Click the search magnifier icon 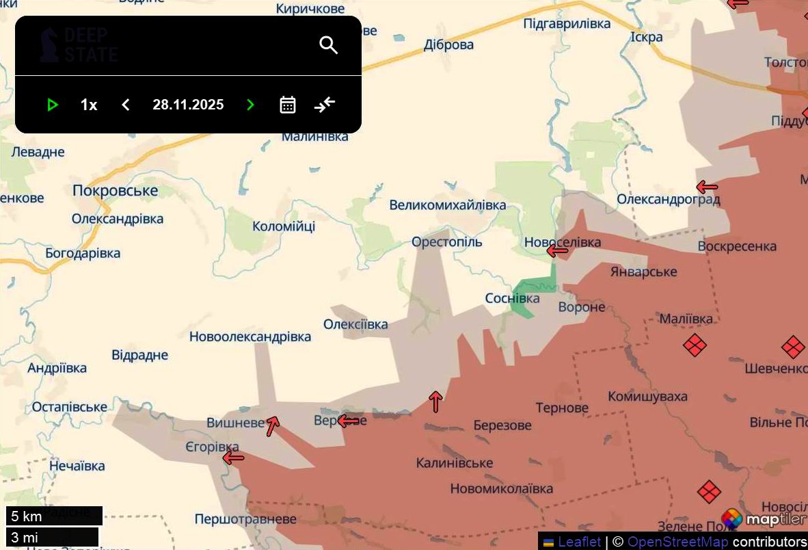coord(329,45)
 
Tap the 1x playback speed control coord(89,105)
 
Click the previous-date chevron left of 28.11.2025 coord(125,105)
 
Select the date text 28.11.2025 coord(188,105)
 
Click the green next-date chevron coord(250,105)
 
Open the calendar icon coord(288,105)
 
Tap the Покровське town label coord(115,191)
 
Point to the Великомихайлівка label coord(448,205)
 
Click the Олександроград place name coord(668,200)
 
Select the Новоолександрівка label coord(250,337)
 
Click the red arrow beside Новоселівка coord(558,251)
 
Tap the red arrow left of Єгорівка coord(233,458)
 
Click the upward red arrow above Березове coord(435,402)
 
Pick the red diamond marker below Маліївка coord(695,345)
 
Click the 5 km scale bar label coord(27,516)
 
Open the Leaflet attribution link coord(579,542)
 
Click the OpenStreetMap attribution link coord(677,542)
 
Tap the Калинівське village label coord(454,463)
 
